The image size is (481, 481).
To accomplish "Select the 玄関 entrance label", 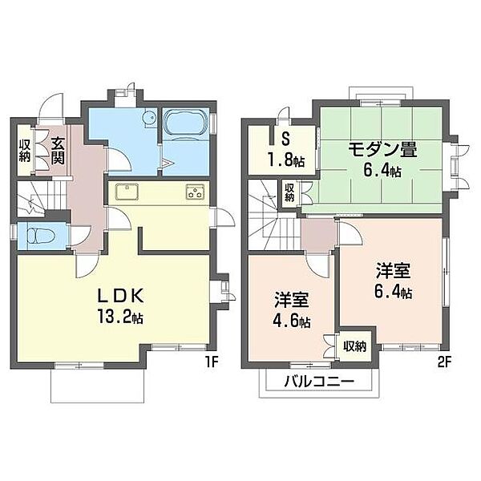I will (x=58, y=151).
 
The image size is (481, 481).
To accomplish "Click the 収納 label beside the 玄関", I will (x=25, y=150).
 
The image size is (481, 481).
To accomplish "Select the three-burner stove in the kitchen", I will (x=194, y=192).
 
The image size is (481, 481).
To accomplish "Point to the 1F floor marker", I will (x=211, y=362).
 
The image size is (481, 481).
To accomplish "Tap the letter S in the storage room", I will (x=285, y=137).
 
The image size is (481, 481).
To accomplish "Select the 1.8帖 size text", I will (x=285, y=160).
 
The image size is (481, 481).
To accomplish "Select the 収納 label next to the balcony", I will (x=356, y=346).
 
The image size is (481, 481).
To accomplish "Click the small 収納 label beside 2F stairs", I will (x=289, y=192).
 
